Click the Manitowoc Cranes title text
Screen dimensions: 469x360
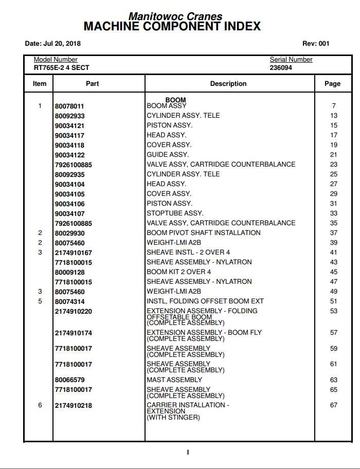click(x=175, y=16)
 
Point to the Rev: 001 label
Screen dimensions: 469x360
click(x=316, y=44)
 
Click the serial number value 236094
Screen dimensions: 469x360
click(x=281, y=67)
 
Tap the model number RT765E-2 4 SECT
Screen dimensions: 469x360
click(x=62, y=67)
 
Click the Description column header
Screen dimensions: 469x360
click(x=228, y=83)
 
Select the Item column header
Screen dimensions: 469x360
click(x=40, y=83)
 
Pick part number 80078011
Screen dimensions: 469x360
click(x=69, y=106)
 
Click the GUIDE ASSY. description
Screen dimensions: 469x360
click(x=168, y=154)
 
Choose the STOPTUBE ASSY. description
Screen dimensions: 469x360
click(x=175, y=213)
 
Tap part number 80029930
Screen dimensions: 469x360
click(x=69, y=233)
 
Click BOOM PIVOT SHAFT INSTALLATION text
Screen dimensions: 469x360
click(x=204, y=232)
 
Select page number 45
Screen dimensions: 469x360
click(x=334, y=272)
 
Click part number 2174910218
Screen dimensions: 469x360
click(x=74, y=406)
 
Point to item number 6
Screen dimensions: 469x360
click(x=40, y=405)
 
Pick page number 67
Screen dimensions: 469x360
click(x=334, y=405)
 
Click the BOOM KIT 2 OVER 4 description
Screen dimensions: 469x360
click(x=179, y=272)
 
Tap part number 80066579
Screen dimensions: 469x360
click(x=69, y=380)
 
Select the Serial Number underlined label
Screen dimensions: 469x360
click(x=291, y=60)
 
